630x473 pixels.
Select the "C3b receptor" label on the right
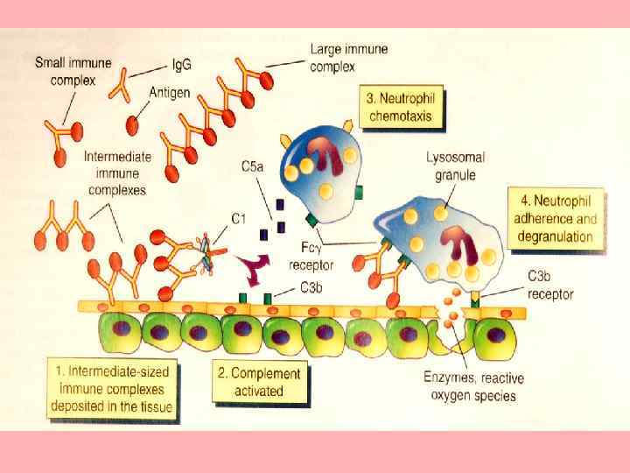(x=549, y=285)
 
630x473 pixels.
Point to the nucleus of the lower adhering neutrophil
(x=458, y=240)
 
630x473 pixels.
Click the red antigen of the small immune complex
(x=61, y=159)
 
